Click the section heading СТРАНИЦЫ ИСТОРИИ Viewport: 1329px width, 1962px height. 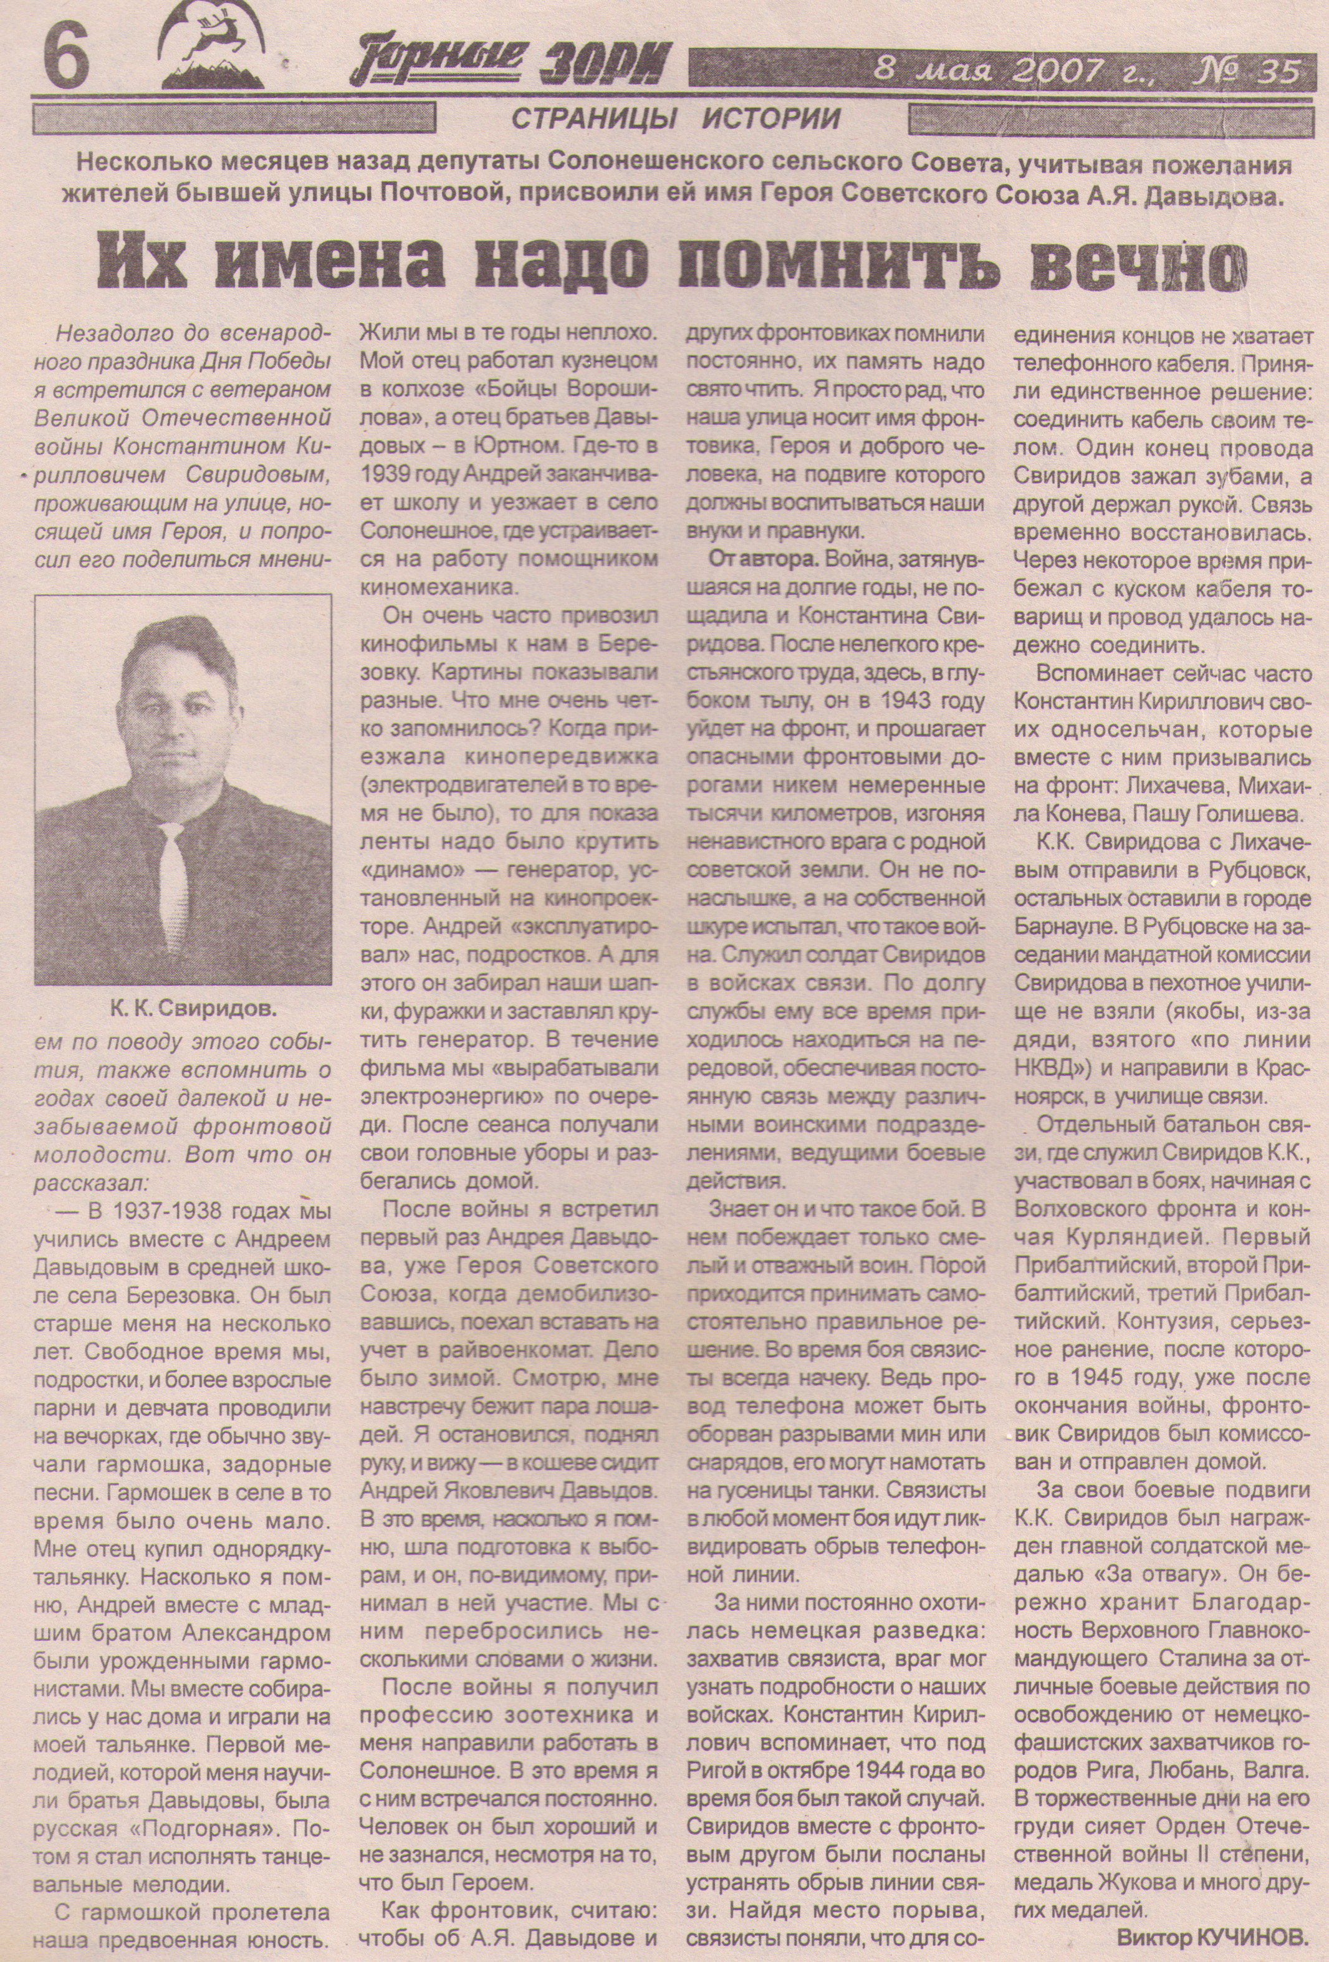point(676,119)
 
